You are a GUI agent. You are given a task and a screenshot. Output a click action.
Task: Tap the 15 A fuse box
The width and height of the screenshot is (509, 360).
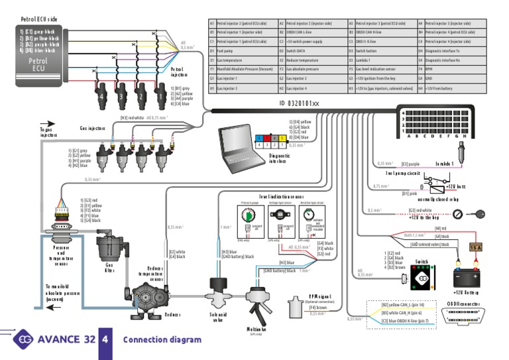475,247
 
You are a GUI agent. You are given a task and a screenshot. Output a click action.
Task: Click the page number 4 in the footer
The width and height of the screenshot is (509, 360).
105,339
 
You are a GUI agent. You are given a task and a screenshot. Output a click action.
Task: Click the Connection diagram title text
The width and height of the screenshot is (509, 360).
162,339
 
